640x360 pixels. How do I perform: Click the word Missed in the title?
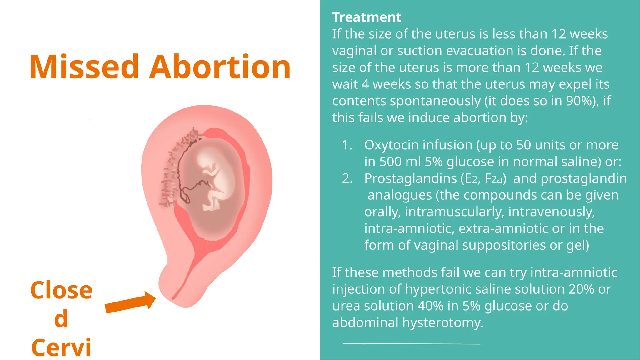point(84,67)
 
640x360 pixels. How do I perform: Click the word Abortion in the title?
point(220,67)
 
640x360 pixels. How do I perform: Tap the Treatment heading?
point(367,17)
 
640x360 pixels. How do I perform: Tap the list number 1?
point(347,145)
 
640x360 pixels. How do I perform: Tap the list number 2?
point(347,178)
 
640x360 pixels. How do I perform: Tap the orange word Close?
point(61,290)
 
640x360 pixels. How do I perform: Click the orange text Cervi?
point(61,347)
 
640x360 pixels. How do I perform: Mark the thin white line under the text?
point(412,344)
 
